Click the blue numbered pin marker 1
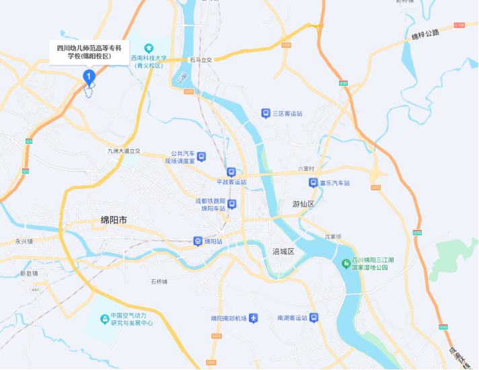[x=88, y=77]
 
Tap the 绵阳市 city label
[x=114, y=220]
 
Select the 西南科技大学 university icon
[x=149, y=48]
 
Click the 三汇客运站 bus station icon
[x=266, y=113]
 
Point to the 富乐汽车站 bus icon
[x=313, y=182]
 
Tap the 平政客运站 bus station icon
[x=231, y=172]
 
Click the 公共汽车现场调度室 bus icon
[x=202, y=157]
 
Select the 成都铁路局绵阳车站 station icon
[x=231, y=204]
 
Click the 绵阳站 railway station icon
[x=198, y=241]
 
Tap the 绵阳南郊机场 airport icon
[x=253, y=318]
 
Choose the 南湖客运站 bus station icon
[x=314, y=318]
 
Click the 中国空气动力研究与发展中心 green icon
[x=105, y=318]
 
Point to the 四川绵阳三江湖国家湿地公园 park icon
[x=346, y=262]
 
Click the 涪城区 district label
[x=283, y=251]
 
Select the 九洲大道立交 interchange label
[x=124, y=151]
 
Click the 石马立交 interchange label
[x=200, y=60]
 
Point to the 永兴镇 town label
[x=24, y=241]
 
